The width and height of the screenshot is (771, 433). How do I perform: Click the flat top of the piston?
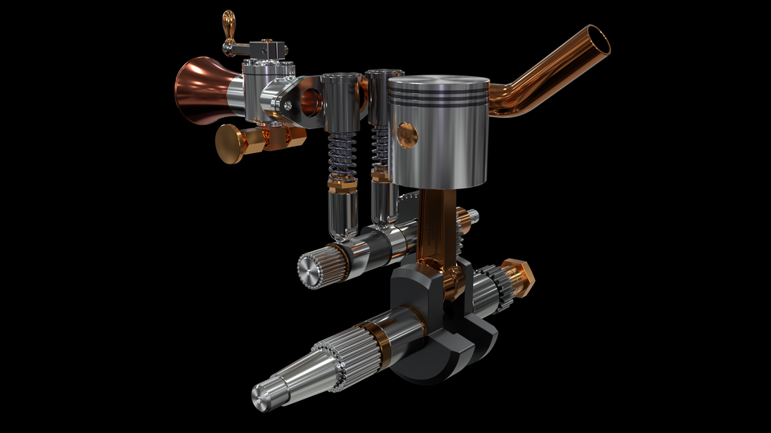439,83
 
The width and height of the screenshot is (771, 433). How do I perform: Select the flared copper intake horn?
201,90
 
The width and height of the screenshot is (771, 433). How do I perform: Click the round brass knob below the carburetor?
230,144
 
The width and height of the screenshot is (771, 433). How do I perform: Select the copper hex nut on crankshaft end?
519,277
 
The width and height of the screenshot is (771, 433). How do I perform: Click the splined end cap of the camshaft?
312,269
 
